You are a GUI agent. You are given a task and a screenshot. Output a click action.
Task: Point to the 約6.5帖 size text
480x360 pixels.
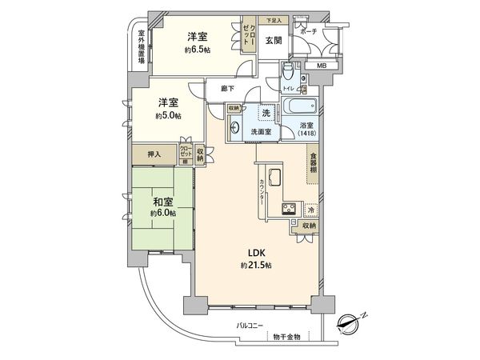[x=197, y=50]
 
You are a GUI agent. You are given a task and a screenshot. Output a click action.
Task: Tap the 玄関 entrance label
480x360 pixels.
[x=273, y=40]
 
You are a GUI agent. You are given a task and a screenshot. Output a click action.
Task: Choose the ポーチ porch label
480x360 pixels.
[x=309, y=31]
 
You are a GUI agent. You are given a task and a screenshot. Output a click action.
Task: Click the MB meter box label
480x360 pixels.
[x=320, y=66]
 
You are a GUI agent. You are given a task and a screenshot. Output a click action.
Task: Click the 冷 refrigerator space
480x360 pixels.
[x=310, y=210]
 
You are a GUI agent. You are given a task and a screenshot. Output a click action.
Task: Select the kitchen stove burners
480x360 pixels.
[x=287, y=210]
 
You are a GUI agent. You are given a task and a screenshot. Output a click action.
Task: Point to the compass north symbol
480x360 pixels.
[x=350, y=323]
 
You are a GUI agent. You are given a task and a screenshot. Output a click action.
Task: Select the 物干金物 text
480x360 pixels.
[x=285, y=337]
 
